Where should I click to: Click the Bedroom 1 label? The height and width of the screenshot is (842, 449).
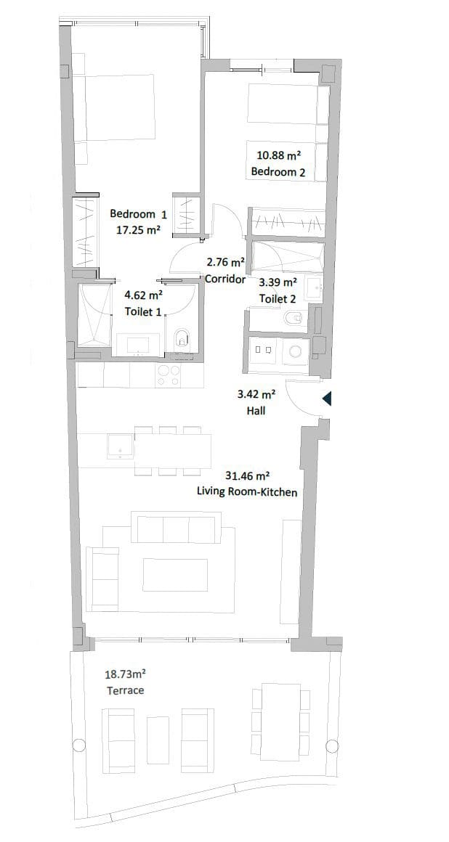138,214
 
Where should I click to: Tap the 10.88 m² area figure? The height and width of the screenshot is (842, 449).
279,155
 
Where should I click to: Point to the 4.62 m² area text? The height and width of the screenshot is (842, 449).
143,295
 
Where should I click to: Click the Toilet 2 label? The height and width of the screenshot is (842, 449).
278,299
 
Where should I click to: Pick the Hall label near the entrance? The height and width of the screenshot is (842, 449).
256,411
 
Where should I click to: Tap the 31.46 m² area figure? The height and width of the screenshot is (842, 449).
247,476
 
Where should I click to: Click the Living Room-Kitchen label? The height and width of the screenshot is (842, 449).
247,492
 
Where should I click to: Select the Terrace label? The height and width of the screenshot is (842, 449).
126,690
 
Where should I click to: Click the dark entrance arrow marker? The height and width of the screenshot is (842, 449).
327,398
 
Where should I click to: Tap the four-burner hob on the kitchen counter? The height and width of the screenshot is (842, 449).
169,375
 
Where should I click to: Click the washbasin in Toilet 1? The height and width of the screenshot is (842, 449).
138,345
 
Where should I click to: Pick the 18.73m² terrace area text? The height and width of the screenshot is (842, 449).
126,674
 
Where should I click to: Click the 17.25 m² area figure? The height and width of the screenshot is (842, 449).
138,230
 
